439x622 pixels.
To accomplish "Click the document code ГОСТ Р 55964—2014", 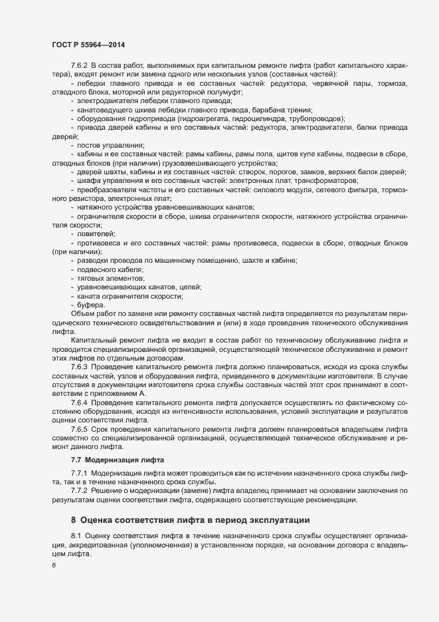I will [x=88, y=44].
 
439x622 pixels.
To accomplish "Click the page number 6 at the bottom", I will [x=54, y=565].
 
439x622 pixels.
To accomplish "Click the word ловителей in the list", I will [x=96, y=233].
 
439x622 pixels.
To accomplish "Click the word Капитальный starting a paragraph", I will [x=94, y=340].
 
